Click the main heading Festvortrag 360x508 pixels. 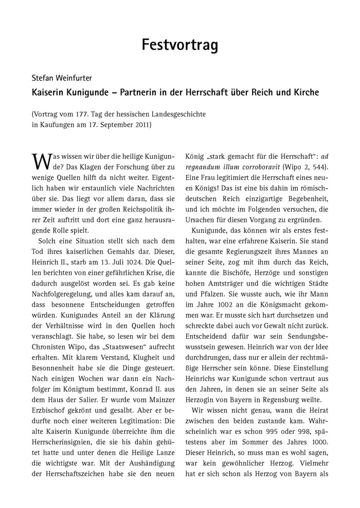click(179, 45)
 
